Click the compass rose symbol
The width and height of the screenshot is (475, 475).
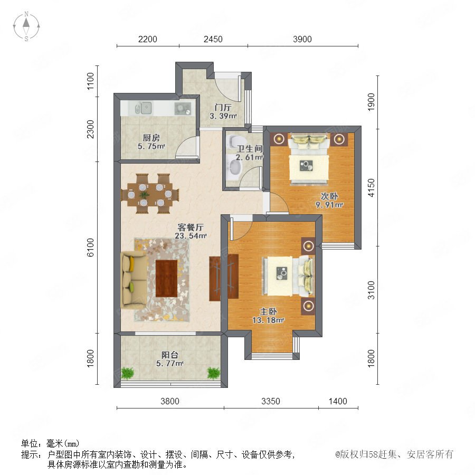26,26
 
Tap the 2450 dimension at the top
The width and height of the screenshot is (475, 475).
213,39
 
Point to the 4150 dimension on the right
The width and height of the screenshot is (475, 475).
371,188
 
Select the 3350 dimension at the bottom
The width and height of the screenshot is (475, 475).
271,401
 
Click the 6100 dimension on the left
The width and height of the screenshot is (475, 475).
90,248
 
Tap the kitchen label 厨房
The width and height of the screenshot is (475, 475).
151,138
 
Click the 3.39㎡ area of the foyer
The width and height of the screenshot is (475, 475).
223,116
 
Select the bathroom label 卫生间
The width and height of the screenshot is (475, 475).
250,149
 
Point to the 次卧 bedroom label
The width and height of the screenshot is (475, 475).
329,196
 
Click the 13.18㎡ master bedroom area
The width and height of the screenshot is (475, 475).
268,320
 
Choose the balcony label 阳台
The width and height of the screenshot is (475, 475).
169,355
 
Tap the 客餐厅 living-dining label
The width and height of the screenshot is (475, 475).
191,227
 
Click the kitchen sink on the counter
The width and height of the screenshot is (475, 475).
143,108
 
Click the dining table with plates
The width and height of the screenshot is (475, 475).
150,193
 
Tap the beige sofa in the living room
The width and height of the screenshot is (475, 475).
134,280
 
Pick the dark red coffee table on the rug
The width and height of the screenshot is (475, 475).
166,278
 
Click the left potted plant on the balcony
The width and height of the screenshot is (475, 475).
128,373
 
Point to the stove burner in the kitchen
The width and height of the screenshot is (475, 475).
183,108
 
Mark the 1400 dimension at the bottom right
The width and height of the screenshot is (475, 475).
338,401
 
